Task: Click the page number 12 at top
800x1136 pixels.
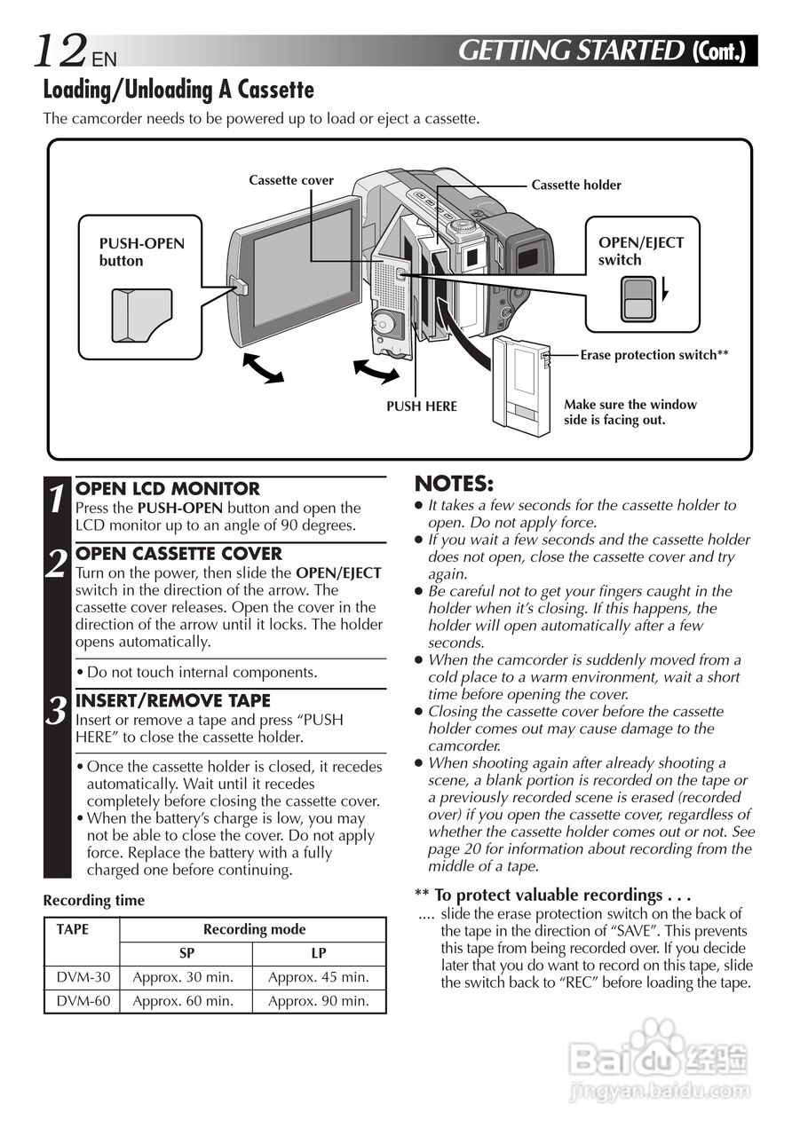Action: (60, 51)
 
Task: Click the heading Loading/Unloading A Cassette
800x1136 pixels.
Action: (178, 90)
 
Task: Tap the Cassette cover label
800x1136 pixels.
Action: (290, 180)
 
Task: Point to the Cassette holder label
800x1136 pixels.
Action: (575, 185)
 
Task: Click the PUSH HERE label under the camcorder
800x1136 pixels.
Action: (421, 406)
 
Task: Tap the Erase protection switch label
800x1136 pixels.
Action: (653, 355)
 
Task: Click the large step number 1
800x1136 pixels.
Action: (57, 498)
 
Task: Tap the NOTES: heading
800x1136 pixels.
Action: (454, 484)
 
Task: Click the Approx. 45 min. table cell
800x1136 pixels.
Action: (318, 977)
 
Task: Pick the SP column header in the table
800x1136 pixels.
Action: (186, 953)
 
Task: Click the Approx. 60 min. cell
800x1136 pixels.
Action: (184, 1001)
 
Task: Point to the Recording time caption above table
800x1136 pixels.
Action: (93, 900)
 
